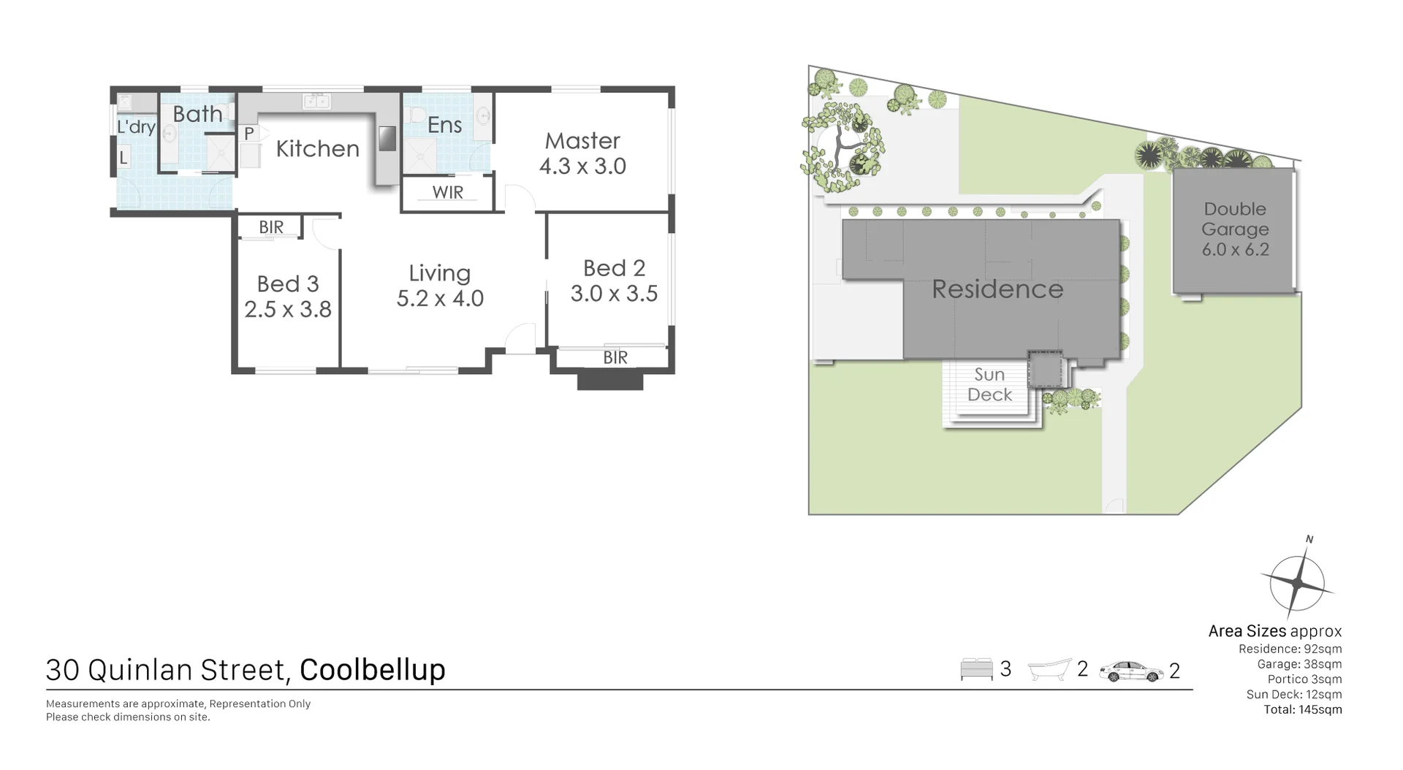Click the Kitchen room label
317,149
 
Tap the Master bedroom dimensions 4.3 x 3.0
582,167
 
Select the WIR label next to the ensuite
447,193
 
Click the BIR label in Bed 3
271,227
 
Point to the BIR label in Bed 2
615,357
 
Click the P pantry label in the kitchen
249,134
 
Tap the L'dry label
136,127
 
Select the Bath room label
197,114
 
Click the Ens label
444,125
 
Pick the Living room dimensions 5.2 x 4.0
440,299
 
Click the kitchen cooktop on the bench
387,138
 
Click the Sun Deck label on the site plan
989,385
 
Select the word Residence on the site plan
997,289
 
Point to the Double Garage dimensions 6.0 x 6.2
1235,250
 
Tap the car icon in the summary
1130,671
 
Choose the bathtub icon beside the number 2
1049,670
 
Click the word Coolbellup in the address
372,670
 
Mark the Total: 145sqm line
1302,709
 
